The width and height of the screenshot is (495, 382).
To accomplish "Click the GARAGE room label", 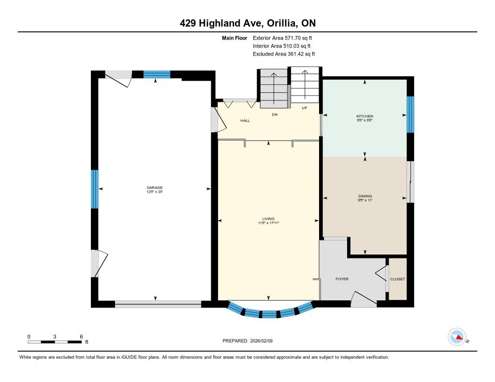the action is (154, 188).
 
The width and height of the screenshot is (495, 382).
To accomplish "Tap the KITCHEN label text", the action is (364, 116).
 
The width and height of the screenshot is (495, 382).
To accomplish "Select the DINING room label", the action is (365, 196).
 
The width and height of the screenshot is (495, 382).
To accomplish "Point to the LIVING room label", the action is (268, 219).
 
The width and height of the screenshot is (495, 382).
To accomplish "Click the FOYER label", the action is (342, 279).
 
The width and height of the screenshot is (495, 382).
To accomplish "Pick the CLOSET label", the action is (397, 279).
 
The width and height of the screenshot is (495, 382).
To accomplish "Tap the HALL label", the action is (245, 121).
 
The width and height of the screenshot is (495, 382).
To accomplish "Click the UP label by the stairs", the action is (305, 108).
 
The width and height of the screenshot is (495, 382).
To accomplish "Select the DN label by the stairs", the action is (275, 114).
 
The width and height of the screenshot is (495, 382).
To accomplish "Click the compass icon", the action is (457, 337).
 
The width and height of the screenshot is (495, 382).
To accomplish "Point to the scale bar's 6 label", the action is (81, 337).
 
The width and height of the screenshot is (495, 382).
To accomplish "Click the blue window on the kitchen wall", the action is (410, 114).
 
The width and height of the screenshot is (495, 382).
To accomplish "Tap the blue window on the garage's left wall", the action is (94, 189).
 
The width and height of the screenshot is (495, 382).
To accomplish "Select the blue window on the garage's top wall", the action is (157, 74).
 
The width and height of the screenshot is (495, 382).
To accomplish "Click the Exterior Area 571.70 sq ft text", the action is (282, 38).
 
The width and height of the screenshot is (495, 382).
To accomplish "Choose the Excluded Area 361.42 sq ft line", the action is (284, 54).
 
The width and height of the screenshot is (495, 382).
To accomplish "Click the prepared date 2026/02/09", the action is (262, 340).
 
